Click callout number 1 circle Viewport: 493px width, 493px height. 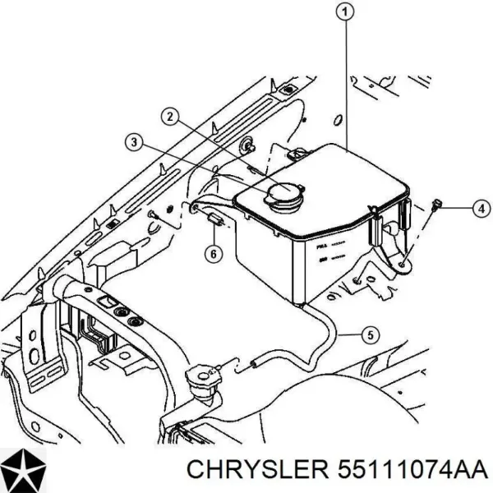click(346, 11)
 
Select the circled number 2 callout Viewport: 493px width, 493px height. click(169, 117)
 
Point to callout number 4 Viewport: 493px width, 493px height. click(481, 209)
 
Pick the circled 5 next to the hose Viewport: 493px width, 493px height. click(370, 334)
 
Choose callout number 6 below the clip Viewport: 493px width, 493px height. click(212, 254)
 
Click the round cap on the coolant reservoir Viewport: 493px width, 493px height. click(282, 196)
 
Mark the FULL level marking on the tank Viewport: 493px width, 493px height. click(319, 245)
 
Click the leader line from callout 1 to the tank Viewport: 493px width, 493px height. click(346, 82)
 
